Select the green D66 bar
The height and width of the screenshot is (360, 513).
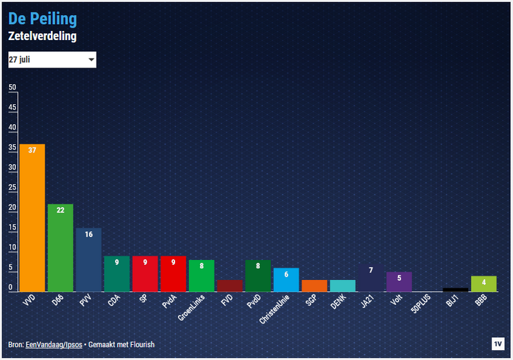point(60,248)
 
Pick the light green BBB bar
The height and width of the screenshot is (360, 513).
point(483,283)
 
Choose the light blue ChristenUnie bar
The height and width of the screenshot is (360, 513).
point(286,279)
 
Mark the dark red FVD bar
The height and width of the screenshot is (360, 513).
point(230,286)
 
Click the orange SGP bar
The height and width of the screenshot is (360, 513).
point(314,286)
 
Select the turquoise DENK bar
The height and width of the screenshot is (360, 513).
point(343,286)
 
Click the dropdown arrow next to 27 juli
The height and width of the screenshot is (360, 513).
point(91,60)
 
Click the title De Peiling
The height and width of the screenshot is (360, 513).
point(42,19)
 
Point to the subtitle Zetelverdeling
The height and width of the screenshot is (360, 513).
point(42,36)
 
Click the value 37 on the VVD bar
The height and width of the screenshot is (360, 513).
point(32,150)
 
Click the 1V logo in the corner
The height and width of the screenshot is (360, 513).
point(498,343)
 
